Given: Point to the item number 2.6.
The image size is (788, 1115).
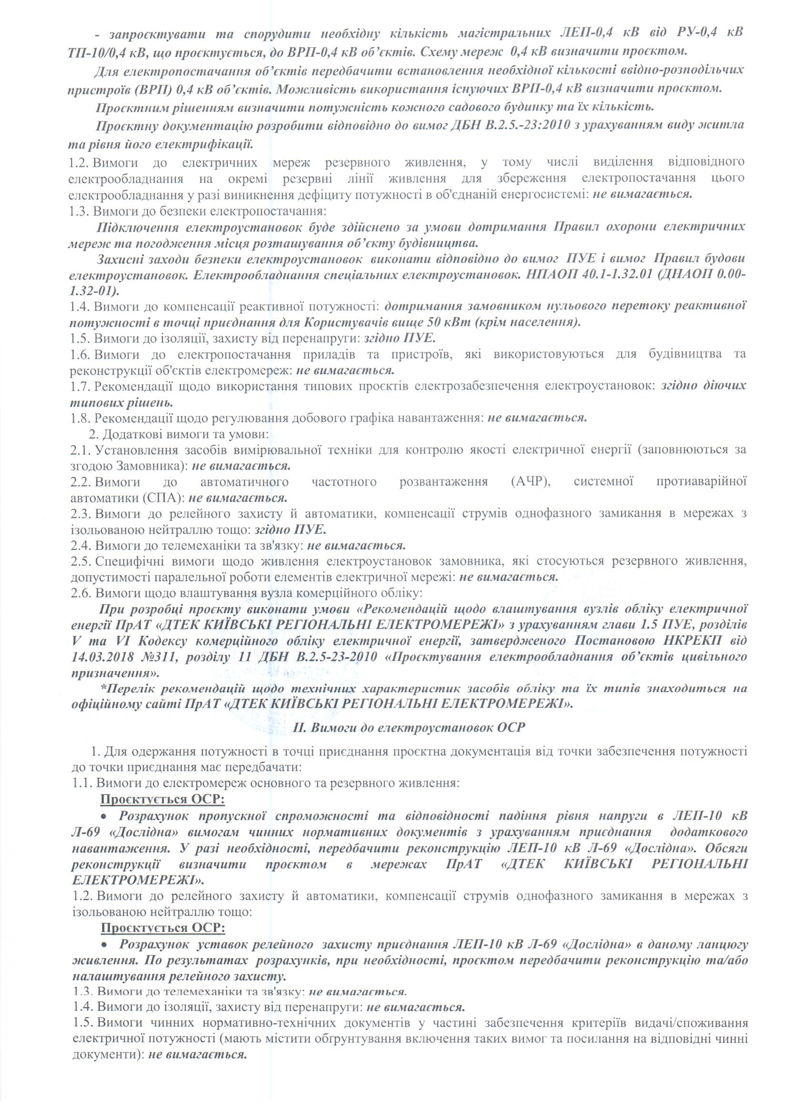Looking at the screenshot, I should point(81,593).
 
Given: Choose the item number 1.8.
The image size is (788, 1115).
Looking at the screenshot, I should point(81,417).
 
